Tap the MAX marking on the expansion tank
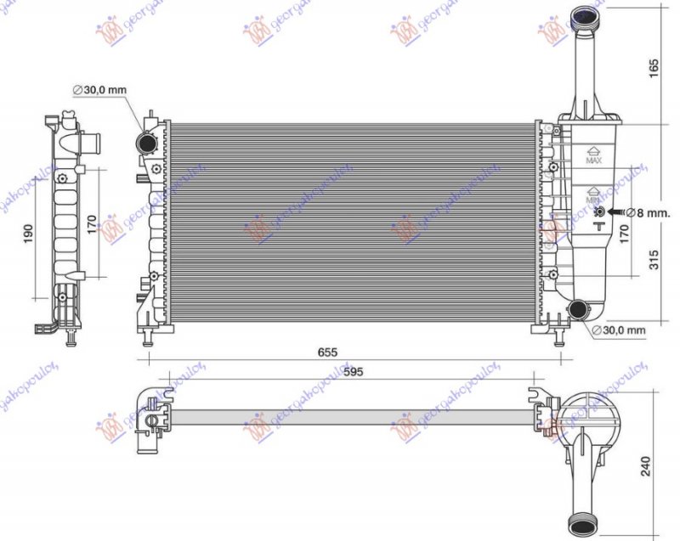pos(594,159)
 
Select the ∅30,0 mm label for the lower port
pos(619,330)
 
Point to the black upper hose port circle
pos(147,142)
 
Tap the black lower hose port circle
pos(580,309)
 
